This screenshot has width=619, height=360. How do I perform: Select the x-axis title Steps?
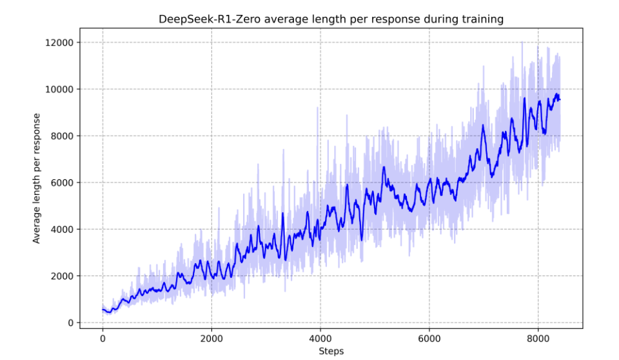(x=331, y=351)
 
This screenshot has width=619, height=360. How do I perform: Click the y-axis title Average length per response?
(x=37, y=178)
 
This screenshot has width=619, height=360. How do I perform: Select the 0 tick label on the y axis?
(x=70, y=323)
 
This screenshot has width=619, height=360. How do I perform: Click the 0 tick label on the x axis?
(x=103, y=338)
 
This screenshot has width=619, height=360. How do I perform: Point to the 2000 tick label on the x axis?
(x=211, y=338)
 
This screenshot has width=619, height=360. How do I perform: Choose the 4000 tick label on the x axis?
(x=320, y=338)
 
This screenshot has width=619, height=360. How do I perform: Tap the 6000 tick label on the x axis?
(x=429, y=338)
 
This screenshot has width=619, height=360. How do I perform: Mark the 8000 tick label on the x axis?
(x=538, y=338)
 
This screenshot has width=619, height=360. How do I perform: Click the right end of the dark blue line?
(x=560, y=99)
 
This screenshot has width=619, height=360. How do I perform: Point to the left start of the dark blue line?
(x=103, y=310)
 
